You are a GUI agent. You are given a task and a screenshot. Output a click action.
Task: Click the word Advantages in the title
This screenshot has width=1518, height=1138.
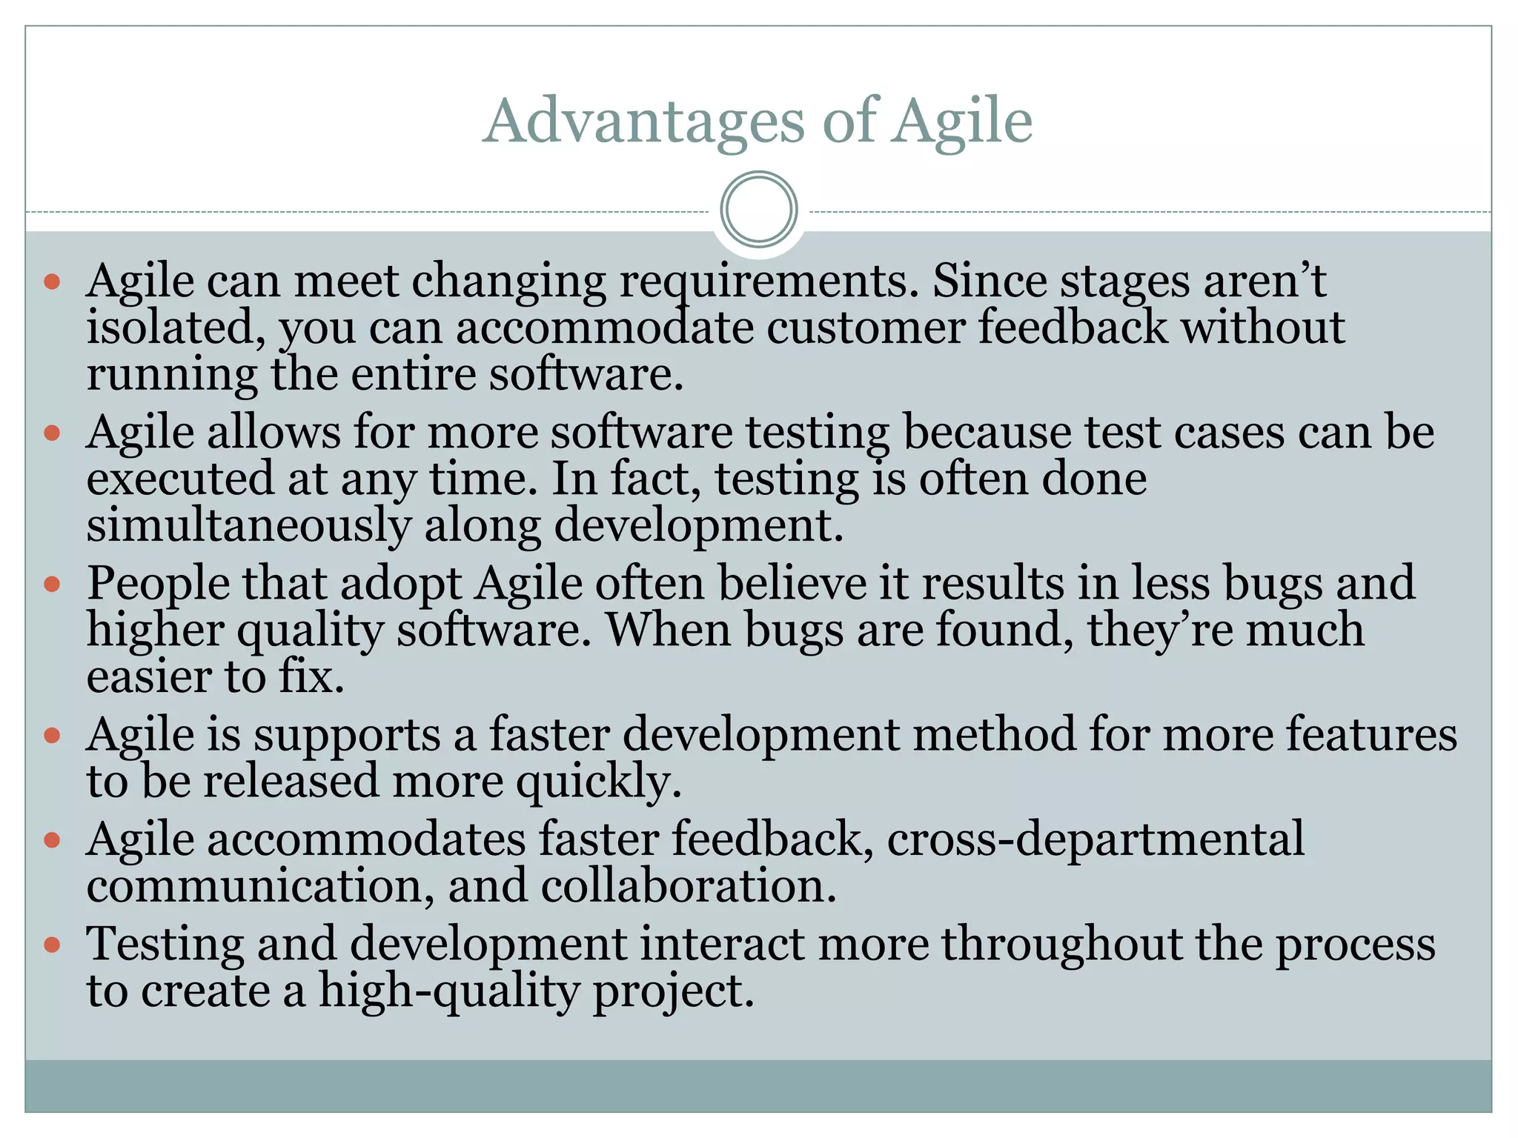coord(643,121)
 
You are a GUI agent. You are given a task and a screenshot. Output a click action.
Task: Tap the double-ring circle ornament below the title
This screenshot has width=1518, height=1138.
coord(758,209)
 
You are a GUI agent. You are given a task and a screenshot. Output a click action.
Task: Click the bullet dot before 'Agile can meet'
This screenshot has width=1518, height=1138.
coord(52,282)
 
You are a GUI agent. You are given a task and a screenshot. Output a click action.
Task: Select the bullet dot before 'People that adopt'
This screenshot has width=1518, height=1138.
coord(52,585)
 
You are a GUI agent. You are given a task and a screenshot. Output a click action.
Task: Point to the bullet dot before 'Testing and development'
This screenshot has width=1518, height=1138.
coord(52,945)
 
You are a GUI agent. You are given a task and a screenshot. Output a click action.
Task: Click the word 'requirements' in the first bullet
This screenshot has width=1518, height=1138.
coord(769,282)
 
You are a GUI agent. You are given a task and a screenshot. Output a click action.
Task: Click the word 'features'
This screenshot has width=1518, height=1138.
coord(1371,735)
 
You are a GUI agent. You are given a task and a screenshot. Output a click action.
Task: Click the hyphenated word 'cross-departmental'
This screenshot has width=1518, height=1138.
coord(1095,840)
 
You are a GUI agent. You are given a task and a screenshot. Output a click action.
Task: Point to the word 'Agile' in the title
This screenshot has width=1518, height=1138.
coord(961,122)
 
